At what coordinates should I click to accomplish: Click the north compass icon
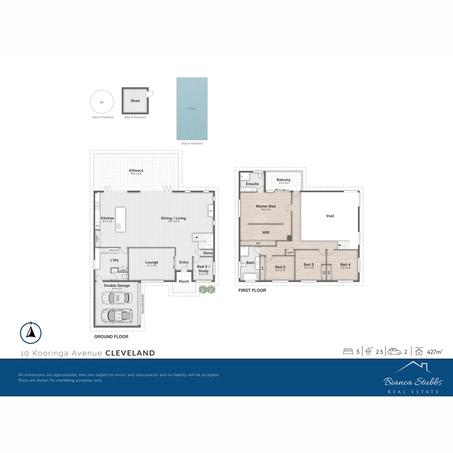(x=31, y=333)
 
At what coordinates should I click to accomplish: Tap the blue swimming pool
(x=192, y=109)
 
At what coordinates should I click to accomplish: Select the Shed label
(x=135, y=101)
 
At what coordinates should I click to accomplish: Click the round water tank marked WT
(x=102, y=102)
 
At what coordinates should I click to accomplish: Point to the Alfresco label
(x=136, y=171)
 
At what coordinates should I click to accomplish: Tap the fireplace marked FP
(x=211, y=211)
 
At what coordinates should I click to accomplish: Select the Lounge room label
(x=151, y=263)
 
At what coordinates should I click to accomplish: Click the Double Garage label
(x=117, y=286)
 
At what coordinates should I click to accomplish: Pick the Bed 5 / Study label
(x=203, y=269)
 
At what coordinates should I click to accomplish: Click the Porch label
(x=184, y=281)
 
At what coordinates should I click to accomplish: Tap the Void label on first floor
(x=330, y=216)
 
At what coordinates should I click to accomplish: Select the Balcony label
(x=284, y=180)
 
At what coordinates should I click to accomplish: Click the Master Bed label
(x=266, y=206)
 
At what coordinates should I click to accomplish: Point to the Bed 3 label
(x=308, y=265)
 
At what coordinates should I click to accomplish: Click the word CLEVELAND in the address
(x=130, y=353)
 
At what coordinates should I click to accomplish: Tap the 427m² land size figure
(x=435, y=352)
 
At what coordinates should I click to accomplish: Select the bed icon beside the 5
(x=348, y=352)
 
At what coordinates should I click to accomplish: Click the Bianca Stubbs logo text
(x=412, y=382)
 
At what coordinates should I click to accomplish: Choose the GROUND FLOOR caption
(x=111, y=337)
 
